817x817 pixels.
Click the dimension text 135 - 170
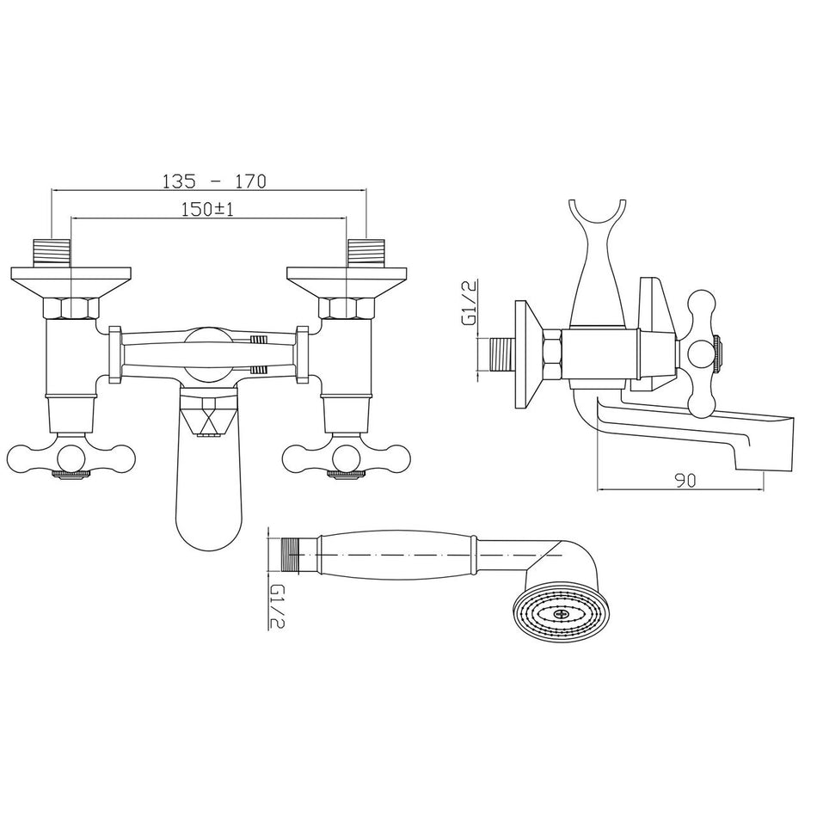tap(214, 181)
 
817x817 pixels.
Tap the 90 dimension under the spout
tap(685, 481)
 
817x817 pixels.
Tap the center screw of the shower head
tap(563, 614)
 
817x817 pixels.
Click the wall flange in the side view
tap(525, 354)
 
